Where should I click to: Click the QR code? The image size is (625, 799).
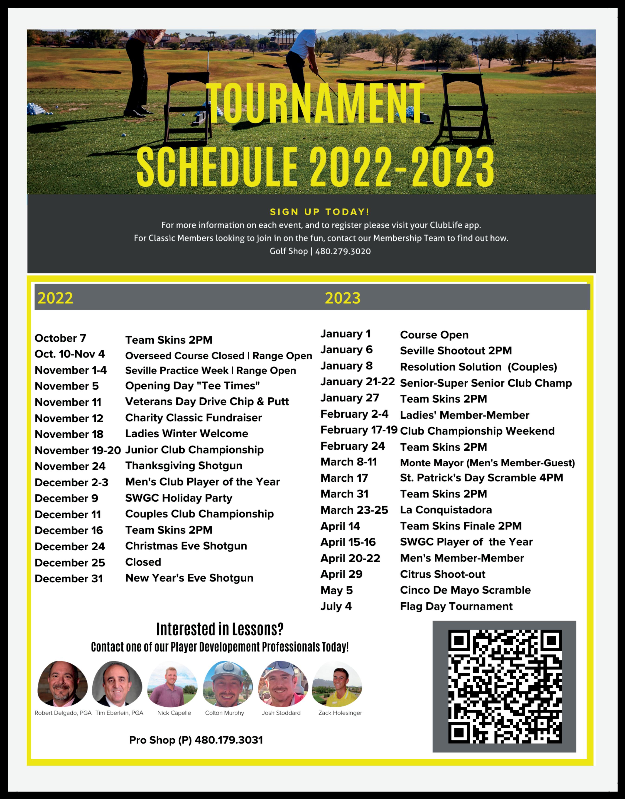pos(505,686)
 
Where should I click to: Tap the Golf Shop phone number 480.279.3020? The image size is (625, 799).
pos(343,251)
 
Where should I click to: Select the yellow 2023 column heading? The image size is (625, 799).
pos(342,298)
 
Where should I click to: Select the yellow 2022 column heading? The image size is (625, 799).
pos(55,298)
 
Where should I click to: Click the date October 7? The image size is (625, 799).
pos(60,338)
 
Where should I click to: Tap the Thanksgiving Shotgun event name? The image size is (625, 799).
pos(184,466)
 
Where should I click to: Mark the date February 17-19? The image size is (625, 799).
pos(359,430)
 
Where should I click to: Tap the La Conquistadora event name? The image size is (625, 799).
pos(446,510)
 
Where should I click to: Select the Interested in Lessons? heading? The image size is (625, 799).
pos(220,629)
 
